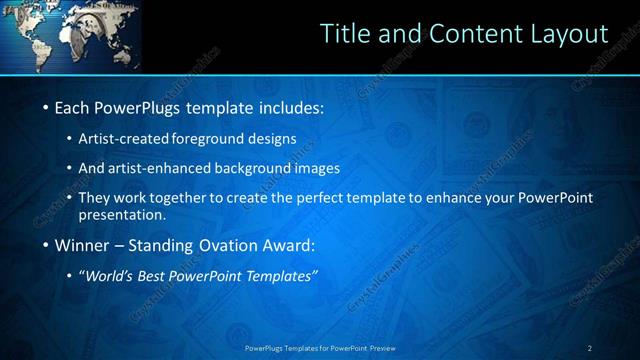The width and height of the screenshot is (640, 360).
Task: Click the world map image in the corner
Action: click(70, 36)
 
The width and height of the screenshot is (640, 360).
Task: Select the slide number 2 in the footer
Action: click(590, 348)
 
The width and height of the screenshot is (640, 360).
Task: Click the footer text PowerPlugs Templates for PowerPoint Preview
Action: click(321, 348)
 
